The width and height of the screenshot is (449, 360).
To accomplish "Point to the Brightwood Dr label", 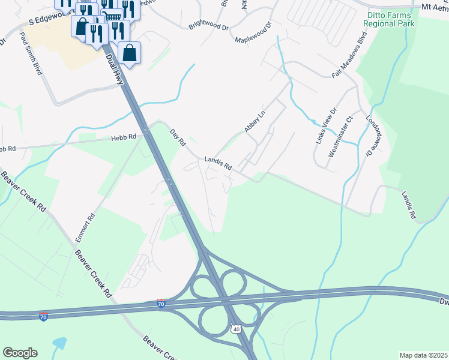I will click(209, 26).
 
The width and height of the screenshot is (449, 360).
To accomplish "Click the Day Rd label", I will click(178, 138).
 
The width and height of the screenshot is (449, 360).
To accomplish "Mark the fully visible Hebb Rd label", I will click(123, 137).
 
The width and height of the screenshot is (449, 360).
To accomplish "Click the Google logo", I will click(20, 353).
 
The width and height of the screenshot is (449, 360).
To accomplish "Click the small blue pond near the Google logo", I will click(60, 343).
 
